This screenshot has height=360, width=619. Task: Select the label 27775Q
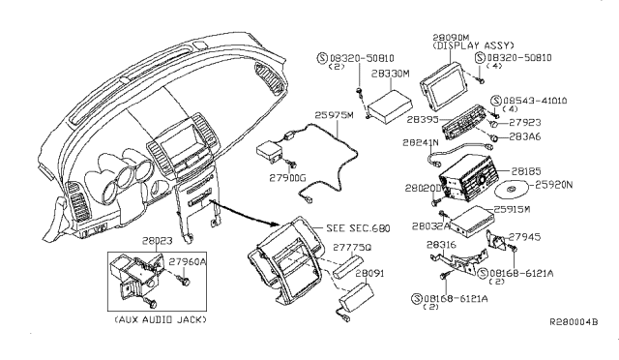pyautogui.click(x=341, y=248)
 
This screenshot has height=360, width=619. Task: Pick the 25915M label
pyautogui.click(x=527, y=208)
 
